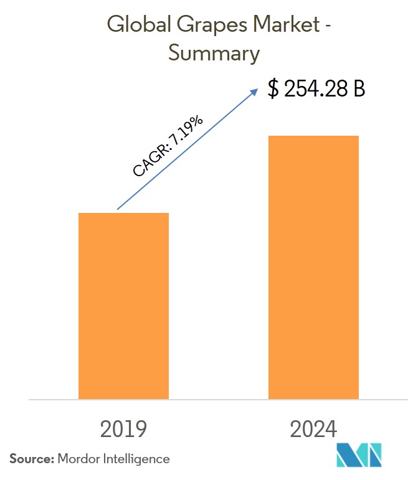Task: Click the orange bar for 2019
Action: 123,305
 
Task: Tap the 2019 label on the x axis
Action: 123,430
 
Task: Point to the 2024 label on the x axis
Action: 313,430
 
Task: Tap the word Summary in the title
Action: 214,54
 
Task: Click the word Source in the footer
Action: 31,459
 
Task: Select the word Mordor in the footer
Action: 78,459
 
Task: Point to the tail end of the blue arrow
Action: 118,208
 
